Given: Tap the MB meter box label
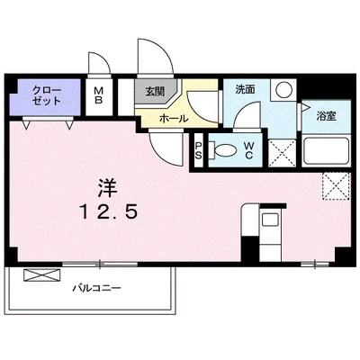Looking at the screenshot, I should point(99,95).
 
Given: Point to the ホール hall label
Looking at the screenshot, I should point(173,118).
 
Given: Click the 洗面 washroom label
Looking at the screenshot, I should point(245,90).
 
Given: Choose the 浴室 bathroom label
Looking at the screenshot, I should point(326,116).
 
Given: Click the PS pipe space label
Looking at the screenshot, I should point(200,149).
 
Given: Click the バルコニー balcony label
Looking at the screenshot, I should point(97,290).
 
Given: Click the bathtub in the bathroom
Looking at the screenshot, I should point(326,149).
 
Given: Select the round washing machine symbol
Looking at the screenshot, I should point(283,90).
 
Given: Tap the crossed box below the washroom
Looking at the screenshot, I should point(284,148).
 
